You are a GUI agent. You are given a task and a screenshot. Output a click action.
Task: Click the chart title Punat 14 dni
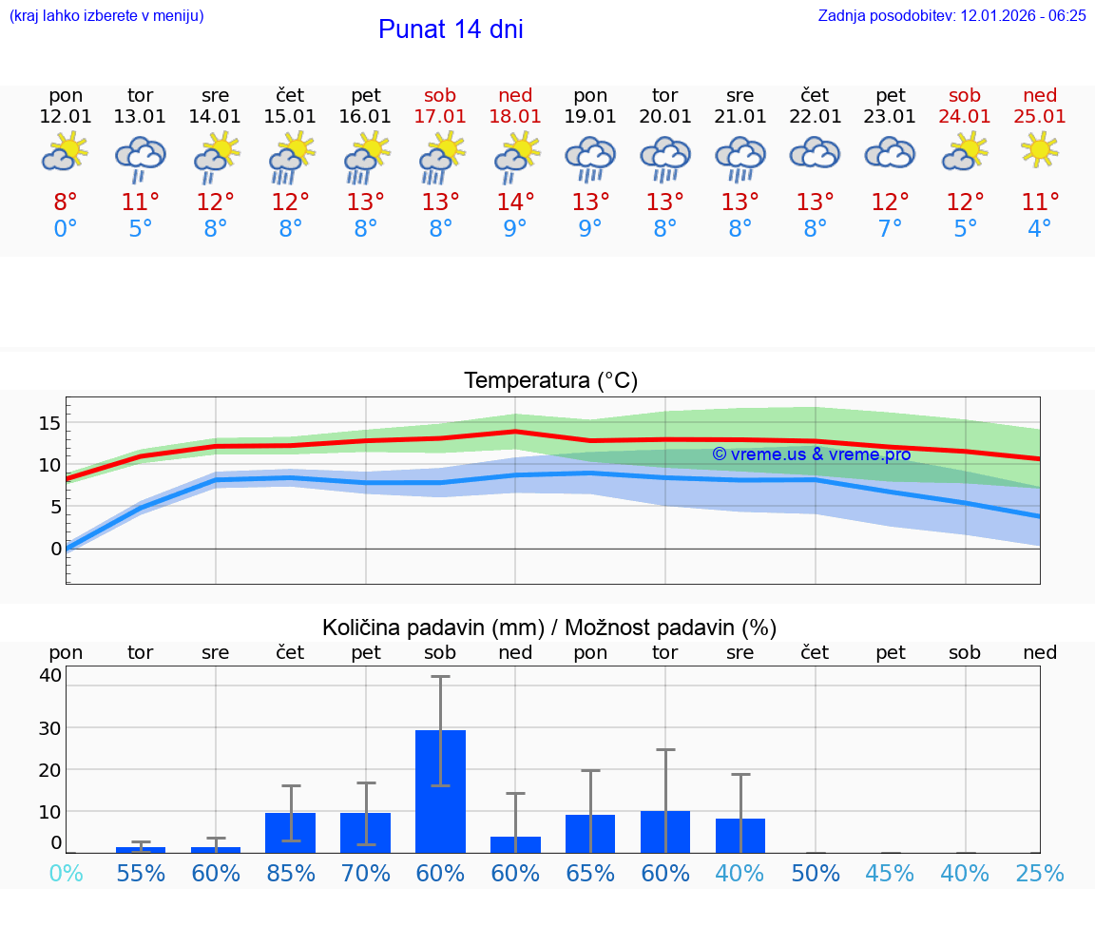451,29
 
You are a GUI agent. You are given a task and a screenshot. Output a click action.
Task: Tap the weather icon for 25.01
1040,149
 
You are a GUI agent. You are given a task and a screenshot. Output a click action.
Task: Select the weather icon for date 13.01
141,157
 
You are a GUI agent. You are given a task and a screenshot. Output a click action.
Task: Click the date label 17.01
440,117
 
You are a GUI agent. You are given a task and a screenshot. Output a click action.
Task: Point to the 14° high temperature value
515,203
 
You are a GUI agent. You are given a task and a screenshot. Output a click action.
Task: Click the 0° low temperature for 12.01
66,229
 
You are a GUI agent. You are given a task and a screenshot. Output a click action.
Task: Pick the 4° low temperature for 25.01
1040,229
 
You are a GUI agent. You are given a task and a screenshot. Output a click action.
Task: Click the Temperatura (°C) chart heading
550,380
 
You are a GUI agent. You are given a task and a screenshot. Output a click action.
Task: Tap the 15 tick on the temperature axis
49,422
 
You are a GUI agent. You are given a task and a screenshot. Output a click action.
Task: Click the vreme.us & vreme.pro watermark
812,454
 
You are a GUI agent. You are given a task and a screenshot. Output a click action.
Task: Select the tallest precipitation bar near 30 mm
440,791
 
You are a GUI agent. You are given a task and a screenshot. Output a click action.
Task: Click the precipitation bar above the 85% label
290,833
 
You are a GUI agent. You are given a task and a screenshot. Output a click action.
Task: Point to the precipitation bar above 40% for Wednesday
740,836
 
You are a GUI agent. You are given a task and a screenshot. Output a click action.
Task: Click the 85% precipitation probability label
291,873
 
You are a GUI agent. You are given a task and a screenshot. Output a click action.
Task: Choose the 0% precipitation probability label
66,873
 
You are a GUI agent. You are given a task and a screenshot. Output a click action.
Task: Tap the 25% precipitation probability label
1040,873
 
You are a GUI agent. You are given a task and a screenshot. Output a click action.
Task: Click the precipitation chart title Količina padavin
549,628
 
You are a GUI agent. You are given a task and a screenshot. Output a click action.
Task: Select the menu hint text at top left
106,15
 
